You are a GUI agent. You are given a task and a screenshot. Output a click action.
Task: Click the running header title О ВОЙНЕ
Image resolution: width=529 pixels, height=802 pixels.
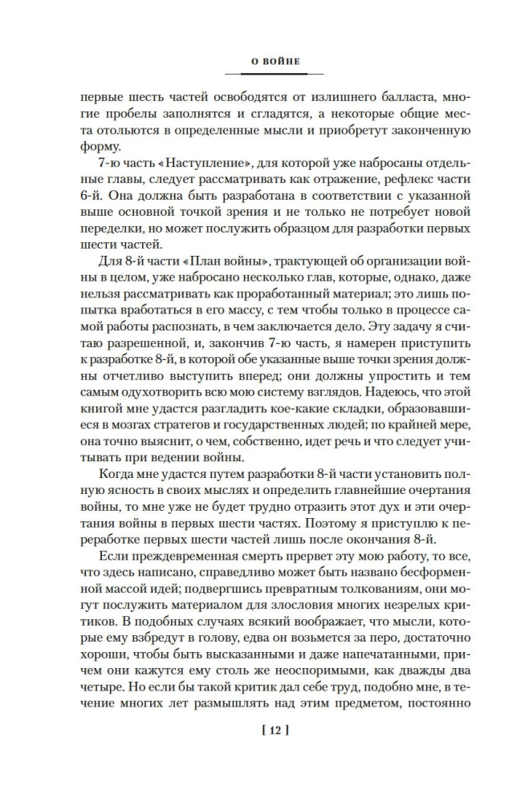point(264,60)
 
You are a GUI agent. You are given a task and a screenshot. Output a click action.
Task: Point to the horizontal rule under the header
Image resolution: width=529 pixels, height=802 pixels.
point(264,74)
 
